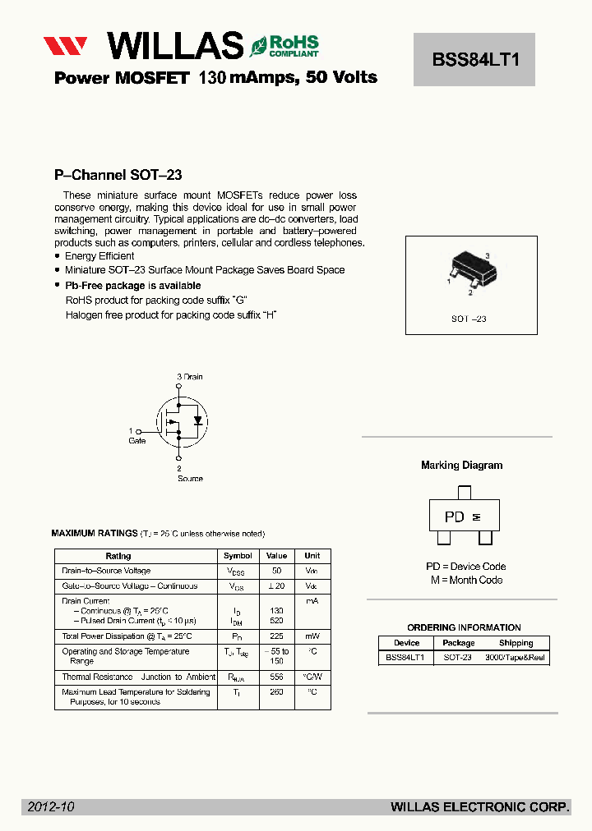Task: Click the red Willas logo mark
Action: click(66, 45)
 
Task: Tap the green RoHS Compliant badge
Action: click(284, 45)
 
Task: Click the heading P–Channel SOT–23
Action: click(118, 175)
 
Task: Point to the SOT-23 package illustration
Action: click(470, 272)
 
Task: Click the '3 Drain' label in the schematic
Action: click(189, 377)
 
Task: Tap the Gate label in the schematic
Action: click(136, 441)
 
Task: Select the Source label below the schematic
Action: click(190, 479)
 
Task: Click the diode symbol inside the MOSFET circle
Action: click(197, 420)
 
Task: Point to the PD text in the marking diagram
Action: click(454, 517)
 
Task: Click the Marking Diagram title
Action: click(461, 465)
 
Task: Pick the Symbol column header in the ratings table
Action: click(238, 556)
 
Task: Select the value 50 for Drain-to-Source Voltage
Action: click(276, 571)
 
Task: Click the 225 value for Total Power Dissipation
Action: click(276, 636)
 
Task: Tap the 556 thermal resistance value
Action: click(276, 677)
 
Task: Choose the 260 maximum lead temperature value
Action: click(276, 692)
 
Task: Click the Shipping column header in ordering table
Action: click(516, 643)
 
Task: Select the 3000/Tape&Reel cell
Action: click(516, 658)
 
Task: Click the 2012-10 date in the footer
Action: click(51, 807)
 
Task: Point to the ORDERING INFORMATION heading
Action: click(464, 627)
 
